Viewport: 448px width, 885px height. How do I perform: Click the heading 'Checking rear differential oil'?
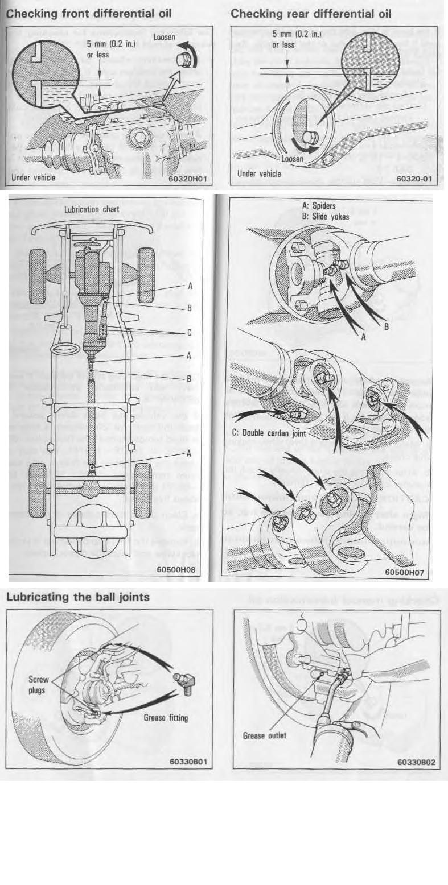pos(311,13)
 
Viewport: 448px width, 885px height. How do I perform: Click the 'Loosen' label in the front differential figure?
pos(165,37)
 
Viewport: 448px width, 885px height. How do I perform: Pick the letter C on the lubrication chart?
pos(190,333)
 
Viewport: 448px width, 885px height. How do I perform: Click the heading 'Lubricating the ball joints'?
pos(78,597)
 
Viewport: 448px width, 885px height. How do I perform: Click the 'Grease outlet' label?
pos(265,735)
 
